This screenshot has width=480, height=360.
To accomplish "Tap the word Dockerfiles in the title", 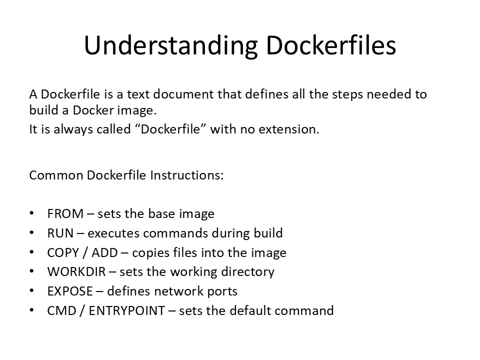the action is click(331, 45).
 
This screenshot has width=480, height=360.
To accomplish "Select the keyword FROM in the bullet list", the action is click(65, 213).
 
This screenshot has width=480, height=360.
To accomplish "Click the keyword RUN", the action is click(60, 233).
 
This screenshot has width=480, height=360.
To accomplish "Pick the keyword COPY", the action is click(63, 253).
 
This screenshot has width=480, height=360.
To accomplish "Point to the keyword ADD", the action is click(104, 253).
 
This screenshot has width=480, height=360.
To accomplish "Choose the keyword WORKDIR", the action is click(76, 272).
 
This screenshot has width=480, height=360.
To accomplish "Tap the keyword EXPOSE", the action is click(70, 291).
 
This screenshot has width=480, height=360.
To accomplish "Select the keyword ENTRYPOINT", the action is click(126, 310).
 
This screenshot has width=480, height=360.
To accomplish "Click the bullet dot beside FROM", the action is click(32, 213).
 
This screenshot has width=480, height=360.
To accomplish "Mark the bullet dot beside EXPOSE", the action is click(32, 291).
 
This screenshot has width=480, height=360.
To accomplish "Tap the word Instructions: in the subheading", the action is click(186, 175).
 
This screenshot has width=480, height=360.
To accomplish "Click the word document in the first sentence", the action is click(183, 94).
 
